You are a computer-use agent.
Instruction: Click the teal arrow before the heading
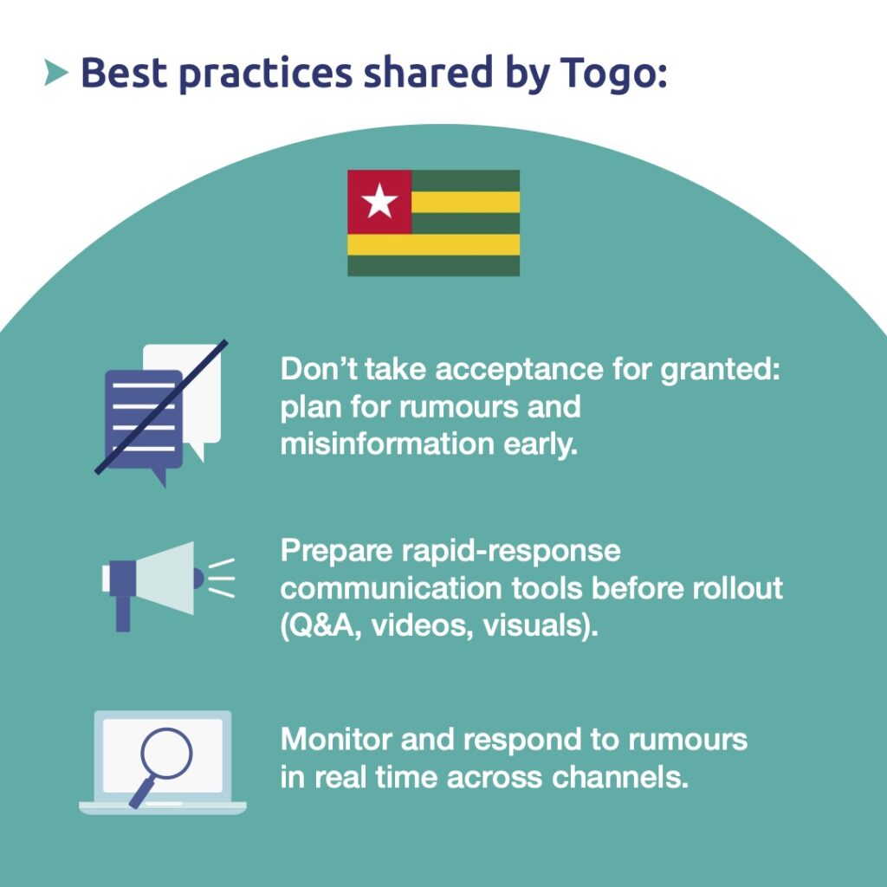tap(55, 73)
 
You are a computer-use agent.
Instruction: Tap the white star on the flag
tap(379, 201)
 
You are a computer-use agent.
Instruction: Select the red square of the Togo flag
tap(379, 202)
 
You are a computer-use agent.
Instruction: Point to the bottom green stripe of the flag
tap(433, 265)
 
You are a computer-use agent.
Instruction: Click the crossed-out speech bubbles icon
tap(161, 412)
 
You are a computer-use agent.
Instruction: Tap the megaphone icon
tap(168, 586)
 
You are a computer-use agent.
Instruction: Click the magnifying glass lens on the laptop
tap(166, 754)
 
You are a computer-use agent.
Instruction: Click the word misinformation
tap(387, 444)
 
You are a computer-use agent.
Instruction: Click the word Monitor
tap(336, 740)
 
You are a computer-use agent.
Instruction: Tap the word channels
tap(619, 777)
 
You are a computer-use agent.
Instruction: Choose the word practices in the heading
tap(265, 74)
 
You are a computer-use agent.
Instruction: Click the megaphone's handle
tap(123, 613)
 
